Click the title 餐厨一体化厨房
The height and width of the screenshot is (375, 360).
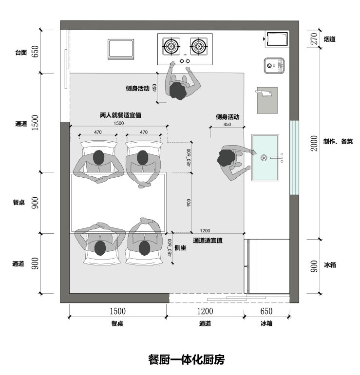click(x=186, y=360)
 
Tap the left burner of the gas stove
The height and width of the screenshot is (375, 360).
click(x=171, y=47)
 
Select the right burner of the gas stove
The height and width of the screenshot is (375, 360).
click(x=198, y=47)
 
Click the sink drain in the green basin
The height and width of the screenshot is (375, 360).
click(x=264, y=157)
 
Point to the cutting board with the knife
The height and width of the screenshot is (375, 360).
click(x=267, y=100)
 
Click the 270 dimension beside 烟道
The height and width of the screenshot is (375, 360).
click(x=314, y=39)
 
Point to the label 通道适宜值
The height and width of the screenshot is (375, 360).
click(x=208, y=241)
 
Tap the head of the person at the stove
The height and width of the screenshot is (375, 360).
click(x=177, y=90)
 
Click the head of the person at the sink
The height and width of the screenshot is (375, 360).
click(x=226, y=157)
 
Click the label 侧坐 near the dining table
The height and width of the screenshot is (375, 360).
click(x=180, y=248)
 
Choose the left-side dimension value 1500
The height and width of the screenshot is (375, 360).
click(x=35, y=124)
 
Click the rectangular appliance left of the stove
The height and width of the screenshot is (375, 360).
click(x=121, y=49)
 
